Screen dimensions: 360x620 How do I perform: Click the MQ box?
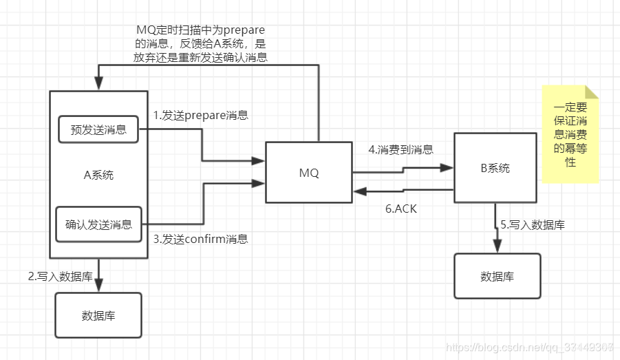(x=309, y=172)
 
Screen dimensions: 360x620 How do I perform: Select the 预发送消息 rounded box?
(x=98, y=129)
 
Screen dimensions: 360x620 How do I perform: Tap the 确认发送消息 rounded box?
(x=98, y=224)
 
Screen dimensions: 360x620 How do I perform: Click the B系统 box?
(x=495, y=167)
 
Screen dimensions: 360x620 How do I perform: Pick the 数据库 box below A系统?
(x=98, y=315)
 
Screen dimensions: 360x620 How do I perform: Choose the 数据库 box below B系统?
(x=497, y=276)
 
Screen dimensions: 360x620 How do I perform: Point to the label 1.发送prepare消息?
(x=200, y=115)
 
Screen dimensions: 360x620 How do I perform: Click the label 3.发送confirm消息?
(x=200, y=239)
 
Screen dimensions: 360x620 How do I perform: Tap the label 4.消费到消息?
(x=400, y=149)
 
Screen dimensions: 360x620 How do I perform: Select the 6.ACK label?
(x=400, y=208)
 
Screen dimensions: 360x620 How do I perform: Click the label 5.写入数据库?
(x=533, y=224)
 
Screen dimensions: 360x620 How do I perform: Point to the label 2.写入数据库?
(x=61, y=276)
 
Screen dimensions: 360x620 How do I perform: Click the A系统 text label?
(x=98, y=175)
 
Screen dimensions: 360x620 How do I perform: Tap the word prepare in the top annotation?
(x=241, y=32)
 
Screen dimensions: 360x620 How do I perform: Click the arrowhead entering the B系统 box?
(x=449, y=167)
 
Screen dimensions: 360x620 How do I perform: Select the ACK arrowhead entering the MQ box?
(x=358, y=191)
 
